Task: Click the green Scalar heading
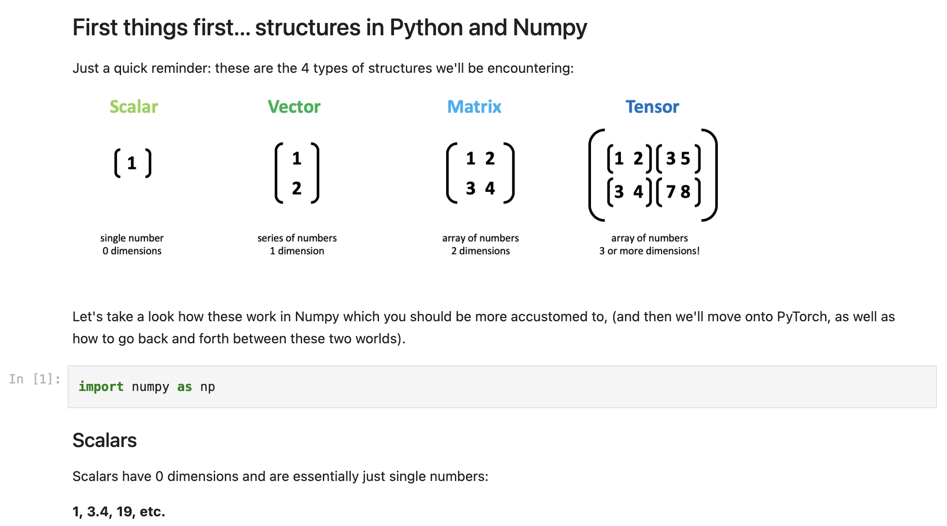click(x=133, y=107)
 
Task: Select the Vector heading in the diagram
click(x=294, y=107)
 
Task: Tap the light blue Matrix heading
click(x=474, y=107)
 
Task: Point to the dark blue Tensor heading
click(x=652, y=107)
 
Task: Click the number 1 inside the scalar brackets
click(x=132, y=163)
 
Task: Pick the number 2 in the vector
click(x=296, y=188)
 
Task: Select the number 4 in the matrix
click(x=490, y=188)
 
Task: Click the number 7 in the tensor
click(x=671, y=192)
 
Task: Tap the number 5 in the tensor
click(x=685, y=158)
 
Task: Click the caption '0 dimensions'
click(x=132, y=251)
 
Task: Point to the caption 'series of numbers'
click(x=297, y=238)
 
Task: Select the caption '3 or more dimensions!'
click(x=649, y=251)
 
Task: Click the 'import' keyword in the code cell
click(x=101, y=387)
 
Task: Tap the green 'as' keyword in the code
click(x=185, y=387)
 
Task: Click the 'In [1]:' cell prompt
click(x=34, y=379)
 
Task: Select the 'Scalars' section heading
click(x=104, y=440)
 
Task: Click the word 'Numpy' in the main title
click(x=550, y=27)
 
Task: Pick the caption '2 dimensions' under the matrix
click(x=480, y=251)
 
